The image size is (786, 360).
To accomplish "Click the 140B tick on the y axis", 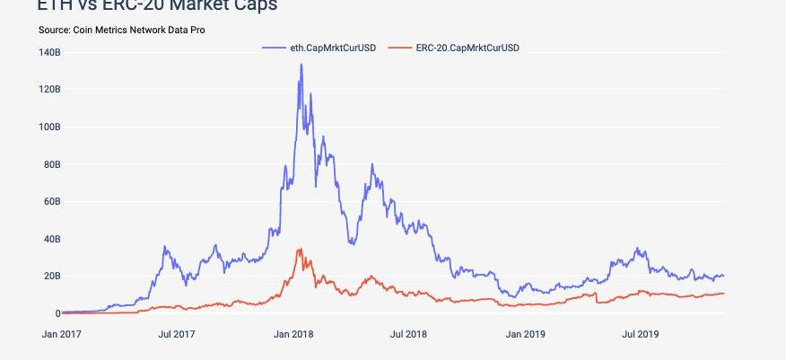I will click(49, 52).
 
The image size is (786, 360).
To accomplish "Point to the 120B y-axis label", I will click(49, 90).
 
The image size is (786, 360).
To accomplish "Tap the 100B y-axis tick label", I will click(49, 127).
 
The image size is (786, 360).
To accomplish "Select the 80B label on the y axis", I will click(51, 164).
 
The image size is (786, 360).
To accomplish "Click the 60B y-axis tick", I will click(51, 202).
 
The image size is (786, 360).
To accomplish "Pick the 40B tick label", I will click(51, 239).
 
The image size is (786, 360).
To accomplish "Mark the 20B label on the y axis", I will click(51, 277).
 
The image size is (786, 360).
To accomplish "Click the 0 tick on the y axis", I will click(57, 313).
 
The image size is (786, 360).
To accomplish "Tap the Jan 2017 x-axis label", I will click(61, 335).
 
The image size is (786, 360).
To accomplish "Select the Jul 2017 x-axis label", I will click(177, 335).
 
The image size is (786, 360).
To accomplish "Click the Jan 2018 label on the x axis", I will click(294, 335).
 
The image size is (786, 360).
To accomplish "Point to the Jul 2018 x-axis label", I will click(408, 335).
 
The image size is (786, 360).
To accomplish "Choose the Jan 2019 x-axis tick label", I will click(526, 335).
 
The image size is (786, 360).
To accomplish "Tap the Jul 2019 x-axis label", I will click(641, 335).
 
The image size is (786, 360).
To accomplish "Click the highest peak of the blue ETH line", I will click(301, 65).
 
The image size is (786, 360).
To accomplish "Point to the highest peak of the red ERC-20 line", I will click(300, 249).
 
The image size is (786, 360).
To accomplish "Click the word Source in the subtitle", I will click(55, 31).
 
